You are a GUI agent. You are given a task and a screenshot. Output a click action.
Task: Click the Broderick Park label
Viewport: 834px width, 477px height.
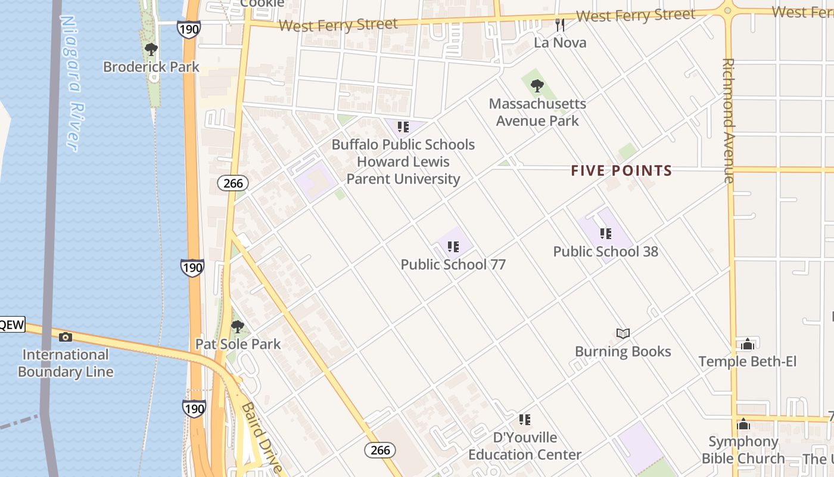tap(151, 67)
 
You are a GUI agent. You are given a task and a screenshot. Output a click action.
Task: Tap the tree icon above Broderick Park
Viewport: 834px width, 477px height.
tap(151, 49)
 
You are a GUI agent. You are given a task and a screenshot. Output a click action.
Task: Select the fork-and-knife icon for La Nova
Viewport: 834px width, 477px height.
tap(559, 24)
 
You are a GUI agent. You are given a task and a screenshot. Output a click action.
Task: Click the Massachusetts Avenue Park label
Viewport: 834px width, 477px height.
tap(537, 112)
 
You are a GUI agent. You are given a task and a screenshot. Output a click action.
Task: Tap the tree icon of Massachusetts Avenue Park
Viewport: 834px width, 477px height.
tap(537, 86)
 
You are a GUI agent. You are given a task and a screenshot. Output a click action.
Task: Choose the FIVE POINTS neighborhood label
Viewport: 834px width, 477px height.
tap(621, 171)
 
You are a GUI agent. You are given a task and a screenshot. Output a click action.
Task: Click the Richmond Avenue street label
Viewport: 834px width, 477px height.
tap(728, 119)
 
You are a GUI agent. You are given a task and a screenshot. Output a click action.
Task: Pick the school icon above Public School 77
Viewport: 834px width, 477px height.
tap(453, 246)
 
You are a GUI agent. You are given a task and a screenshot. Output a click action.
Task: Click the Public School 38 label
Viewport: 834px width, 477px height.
tap(606, 252)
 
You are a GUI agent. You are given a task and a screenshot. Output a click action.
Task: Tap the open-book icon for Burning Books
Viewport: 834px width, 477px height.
tap(623, 333)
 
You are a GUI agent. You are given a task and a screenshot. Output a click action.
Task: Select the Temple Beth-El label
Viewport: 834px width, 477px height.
tap(747, 361)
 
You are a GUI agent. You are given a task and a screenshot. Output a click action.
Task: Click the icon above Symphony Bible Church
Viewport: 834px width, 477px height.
tap(743, 424)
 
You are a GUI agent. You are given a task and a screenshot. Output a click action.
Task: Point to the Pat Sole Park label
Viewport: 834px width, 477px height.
tap(238, 344)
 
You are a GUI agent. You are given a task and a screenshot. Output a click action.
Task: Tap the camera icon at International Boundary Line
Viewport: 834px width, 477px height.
tap(66, 337)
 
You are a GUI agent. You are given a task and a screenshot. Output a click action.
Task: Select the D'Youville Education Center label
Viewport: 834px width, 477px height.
tap(524, 446)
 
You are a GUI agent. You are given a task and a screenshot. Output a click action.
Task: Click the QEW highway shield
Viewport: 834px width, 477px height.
tap(12, 325)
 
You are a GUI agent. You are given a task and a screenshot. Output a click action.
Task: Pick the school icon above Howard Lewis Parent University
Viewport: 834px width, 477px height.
tap(403, 127)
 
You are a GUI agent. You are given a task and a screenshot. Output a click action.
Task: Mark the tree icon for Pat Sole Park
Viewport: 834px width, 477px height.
tap(238, 326)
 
